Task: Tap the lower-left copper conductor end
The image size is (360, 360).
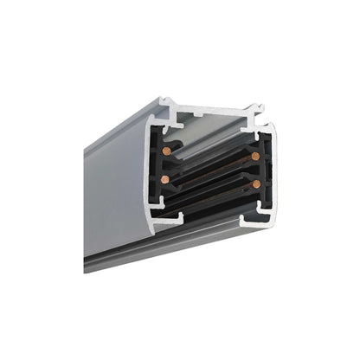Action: coord(164,178)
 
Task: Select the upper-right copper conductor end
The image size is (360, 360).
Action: coord(255,156)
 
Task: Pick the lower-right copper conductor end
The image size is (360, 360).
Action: coord(257,184)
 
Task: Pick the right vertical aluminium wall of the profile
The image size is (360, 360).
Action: coord(272,173)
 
